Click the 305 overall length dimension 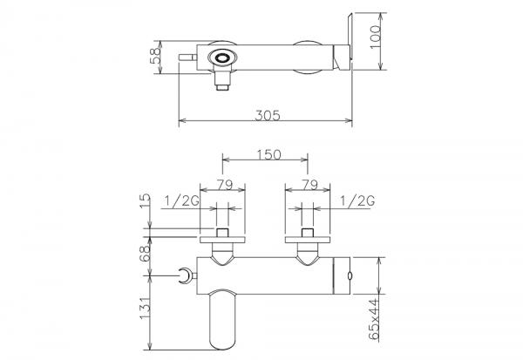coord(268,115)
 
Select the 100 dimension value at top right coord(376,37)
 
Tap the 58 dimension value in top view coord(155,56)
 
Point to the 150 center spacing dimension coord(268,155)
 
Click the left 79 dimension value coord(225,185)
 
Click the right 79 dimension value coord(309,185)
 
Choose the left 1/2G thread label coord(182,200)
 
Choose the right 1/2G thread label coord(357,200)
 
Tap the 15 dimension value coord(145,201)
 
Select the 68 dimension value coord(145,254)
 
